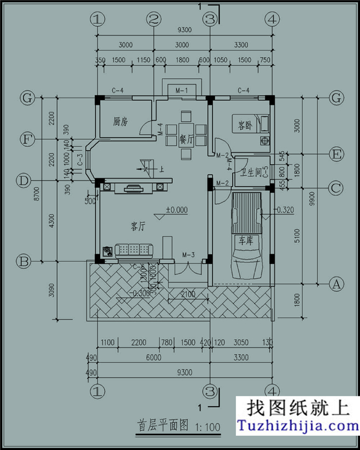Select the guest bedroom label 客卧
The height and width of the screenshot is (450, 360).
tap(245, 126)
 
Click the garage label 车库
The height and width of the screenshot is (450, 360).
tap(245, 241)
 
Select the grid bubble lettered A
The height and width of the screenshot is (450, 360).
tap(335, 285)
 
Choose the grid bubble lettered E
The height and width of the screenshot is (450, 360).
tap(335, 154)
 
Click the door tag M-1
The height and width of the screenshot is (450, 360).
tap(182, 90)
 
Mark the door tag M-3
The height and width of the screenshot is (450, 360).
tap(188, 255)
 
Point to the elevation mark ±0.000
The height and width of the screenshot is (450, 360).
tap(177, 210)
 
